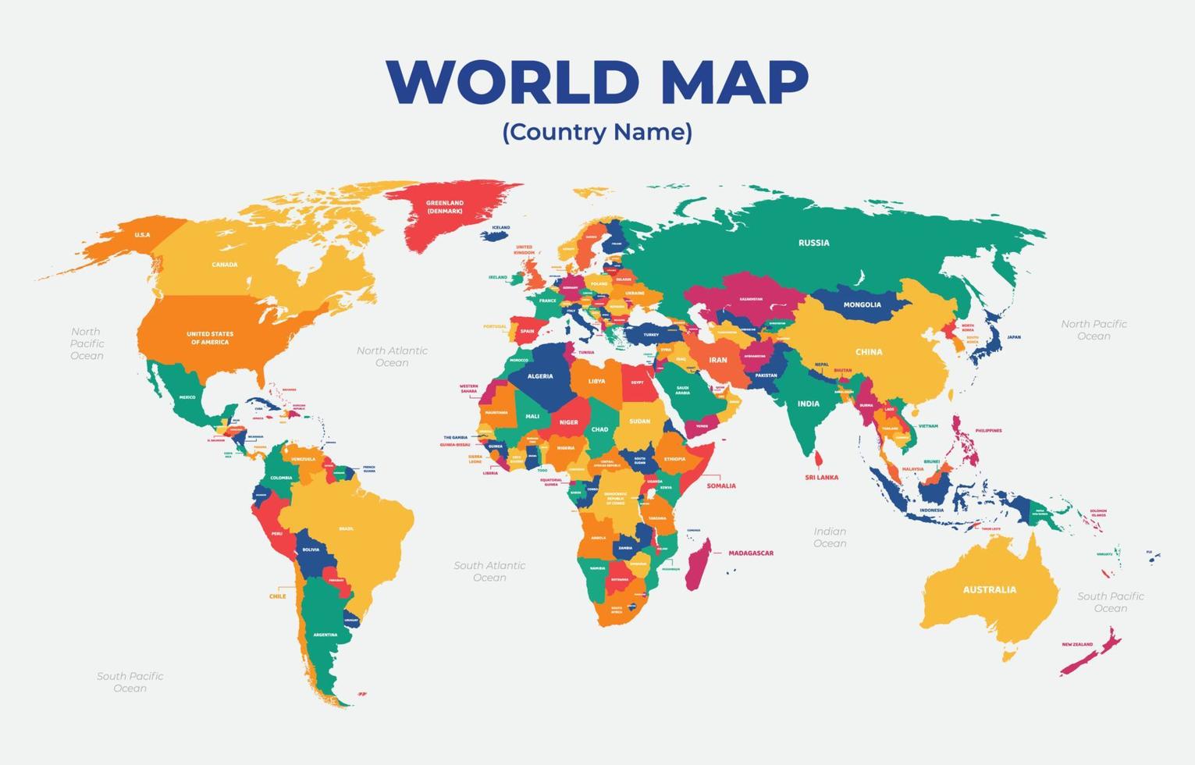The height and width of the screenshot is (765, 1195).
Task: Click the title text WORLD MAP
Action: (597, 81)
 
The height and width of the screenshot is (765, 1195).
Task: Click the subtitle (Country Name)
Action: (597, 131)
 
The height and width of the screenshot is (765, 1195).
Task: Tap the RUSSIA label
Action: (813, 243)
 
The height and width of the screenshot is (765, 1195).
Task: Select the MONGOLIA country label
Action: (862, 304)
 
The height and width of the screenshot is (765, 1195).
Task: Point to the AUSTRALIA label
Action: (989, 589)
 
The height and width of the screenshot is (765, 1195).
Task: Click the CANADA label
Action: (224, 265)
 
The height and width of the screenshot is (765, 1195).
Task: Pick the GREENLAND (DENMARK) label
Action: (444, 207)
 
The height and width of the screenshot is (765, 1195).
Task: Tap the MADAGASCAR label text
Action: (750, 553)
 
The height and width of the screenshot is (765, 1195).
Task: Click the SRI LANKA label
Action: (821, 477)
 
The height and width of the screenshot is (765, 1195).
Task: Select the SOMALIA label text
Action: (720, 486)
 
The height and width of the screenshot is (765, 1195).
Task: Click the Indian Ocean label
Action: (829, 537)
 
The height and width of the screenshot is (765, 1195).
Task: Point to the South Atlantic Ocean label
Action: (489, 571)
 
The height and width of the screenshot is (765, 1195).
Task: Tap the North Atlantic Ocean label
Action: (392, 356)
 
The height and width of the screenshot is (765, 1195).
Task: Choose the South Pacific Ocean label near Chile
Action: (130, 681)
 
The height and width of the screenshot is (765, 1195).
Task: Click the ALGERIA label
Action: (539, 376)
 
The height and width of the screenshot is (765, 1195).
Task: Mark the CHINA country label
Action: (868, 352)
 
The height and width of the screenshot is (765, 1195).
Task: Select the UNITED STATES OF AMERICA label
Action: (209, 338)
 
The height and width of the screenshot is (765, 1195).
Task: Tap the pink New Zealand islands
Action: (1093, 653)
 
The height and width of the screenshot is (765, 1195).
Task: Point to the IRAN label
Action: (717, 360)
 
